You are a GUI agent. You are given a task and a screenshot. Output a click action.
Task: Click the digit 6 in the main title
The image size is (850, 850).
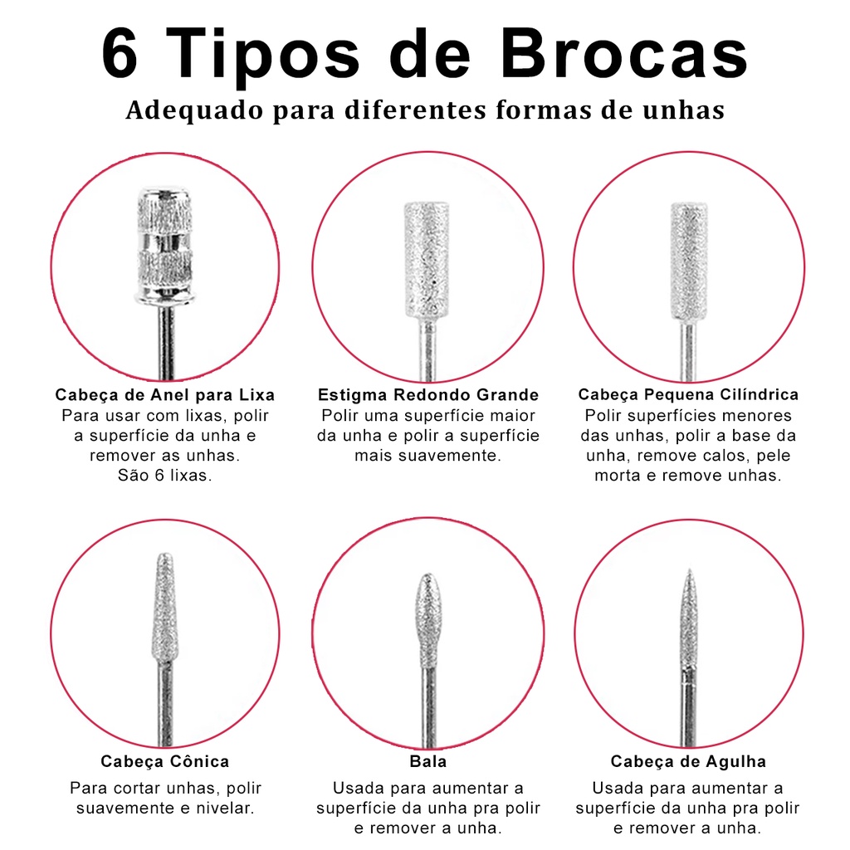120,54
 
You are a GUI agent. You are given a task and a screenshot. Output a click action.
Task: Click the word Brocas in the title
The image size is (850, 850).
624,54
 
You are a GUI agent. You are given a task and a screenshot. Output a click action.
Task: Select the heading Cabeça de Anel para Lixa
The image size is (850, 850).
165,394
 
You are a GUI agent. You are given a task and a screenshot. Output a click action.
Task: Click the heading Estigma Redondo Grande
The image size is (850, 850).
428,394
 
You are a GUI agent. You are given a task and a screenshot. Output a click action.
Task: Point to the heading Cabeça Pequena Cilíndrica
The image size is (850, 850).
688,394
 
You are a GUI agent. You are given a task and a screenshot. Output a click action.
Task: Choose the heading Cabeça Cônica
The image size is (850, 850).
165,761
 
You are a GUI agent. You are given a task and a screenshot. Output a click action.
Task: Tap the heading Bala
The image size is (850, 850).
428,761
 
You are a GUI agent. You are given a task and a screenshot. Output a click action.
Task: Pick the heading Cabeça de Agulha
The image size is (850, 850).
688,761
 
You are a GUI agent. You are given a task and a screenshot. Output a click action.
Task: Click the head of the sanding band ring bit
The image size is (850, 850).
165,246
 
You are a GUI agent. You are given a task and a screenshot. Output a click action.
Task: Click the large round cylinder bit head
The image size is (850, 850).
427,260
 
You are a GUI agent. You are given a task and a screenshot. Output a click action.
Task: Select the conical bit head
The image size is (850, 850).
164,607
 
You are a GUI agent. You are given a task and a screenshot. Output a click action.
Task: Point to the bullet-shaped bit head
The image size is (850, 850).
428,620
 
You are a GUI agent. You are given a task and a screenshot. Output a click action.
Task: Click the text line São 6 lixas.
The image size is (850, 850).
165,476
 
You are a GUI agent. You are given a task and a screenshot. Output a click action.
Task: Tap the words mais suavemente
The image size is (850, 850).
428,456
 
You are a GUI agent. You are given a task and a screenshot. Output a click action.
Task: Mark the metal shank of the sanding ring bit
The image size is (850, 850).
166,341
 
